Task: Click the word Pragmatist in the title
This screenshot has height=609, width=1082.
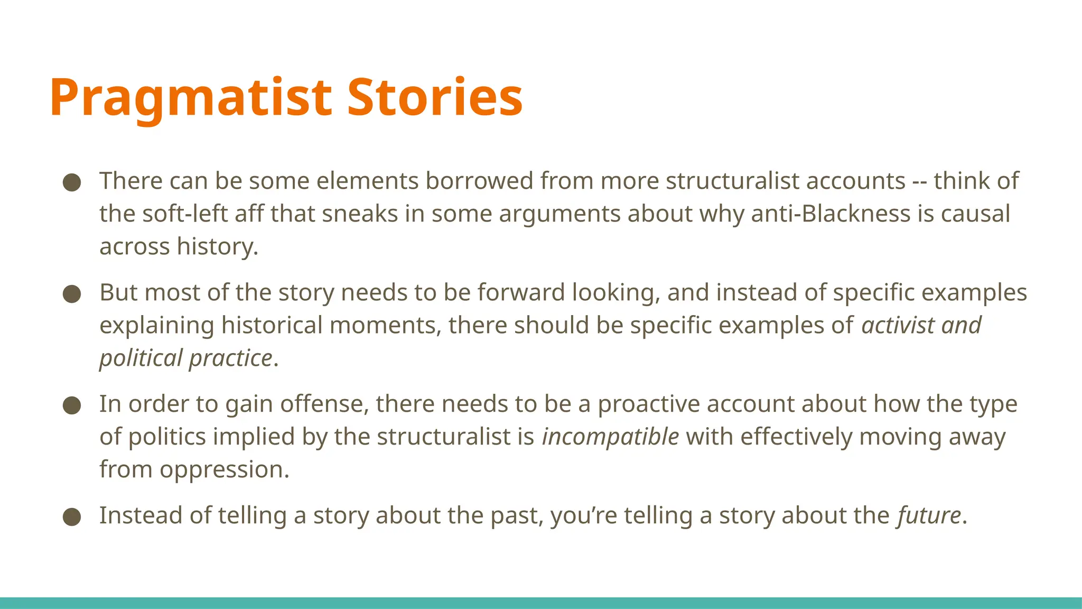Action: (191, 98)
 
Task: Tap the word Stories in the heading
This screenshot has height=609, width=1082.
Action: (435, 97)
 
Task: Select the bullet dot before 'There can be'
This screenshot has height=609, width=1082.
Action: (72, 183)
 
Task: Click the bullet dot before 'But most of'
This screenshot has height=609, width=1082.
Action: (72, 294)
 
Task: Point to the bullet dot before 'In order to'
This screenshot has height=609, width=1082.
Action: (72, 406)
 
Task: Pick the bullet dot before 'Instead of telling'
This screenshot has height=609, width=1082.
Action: (72, 518)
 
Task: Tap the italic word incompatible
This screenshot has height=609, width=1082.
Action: (610, 437)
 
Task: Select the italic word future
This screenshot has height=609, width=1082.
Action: (929, 515)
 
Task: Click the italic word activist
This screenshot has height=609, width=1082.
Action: (898, 325)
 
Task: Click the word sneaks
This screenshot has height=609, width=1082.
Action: (359, 214)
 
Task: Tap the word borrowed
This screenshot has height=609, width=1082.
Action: (480, 181)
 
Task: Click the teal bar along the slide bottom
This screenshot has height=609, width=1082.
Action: (541, 603)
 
